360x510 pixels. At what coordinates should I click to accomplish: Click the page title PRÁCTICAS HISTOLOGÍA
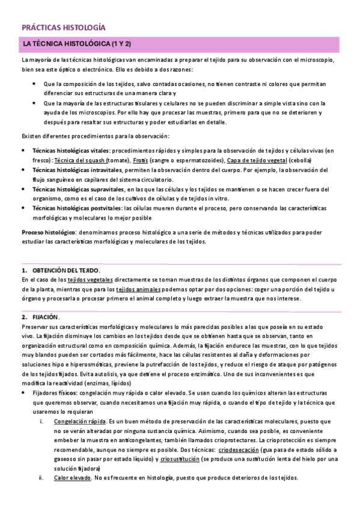[x=63, y=28]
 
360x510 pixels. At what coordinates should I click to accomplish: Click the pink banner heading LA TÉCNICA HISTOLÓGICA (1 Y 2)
[x=77, y=45]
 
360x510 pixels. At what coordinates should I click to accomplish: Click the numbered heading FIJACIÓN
[x=46, y=316]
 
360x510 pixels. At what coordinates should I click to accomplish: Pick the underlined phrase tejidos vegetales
[x=90, y=280]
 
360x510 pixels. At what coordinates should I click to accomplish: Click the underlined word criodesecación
[x=240, y=450]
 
